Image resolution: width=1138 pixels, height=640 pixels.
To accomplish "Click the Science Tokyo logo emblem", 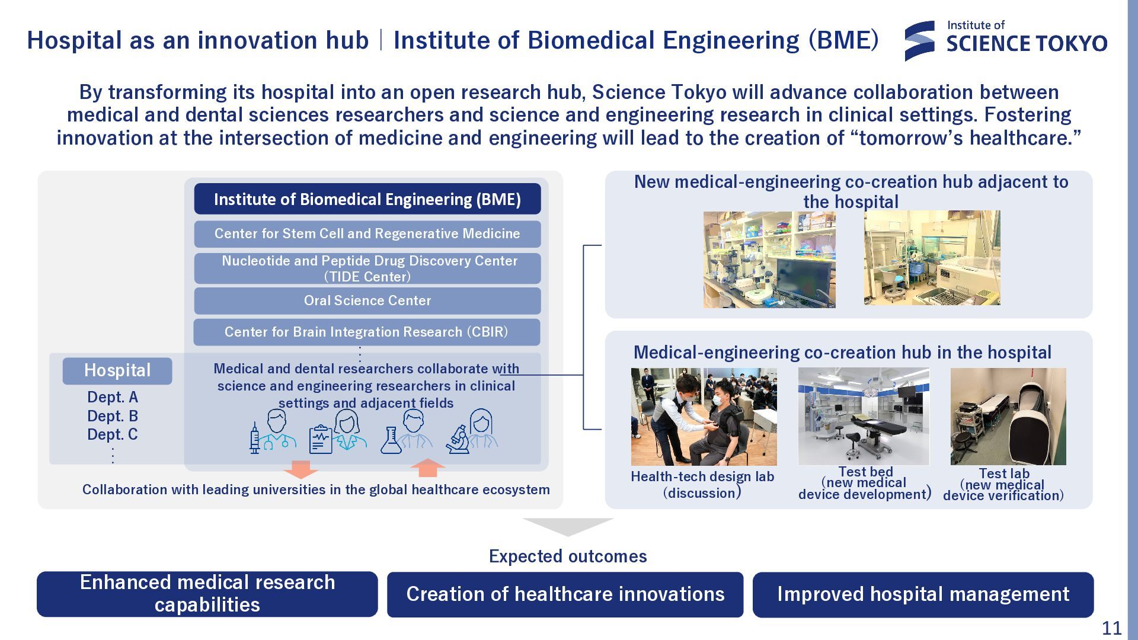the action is pos(920,41).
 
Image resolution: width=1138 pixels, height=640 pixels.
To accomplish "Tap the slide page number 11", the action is pos(1111,628).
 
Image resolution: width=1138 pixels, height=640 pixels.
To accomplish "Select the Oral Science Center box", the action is pos(367,300).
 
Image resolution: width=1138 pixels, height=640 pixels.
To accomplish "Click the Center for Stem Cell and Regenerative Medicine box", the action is pos(367,233).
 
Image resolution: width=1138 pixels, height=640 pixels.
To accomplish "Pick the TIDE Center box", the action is pos(367,268).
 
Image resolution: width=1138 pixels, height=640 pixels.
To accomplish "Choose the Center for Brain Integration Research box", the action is pos(367,332).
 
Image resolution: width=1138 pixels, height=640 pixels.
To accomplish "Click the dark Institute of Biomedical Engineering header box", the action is pos(367,199).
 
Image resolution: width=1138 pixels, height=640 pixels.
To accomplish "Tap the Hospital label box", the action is pos(117,370).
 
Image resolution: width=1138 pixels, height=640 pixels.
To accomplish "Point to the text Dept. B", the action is pos(113,416).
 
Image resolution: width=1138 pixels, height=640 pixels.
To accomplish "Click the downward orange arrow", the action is pos(301,469).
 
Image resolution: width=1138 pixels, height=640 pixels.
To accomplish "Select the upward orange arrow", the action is pos(427,468).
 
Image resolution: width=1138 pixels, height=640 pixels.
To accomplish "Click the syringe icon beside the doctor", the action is pos(255,439).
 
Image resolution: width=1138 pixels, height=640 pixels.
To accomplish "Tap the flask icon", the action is pos(391,441).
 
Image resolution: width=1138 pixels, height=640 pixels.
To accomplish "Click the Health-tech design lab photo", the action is pos(704,417).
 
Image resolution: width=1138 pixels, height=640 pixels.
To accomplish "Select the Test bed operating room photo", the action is pos(864,416).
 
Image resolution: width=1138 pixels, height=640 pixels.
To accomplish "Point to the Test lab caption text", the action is pos(1003,485).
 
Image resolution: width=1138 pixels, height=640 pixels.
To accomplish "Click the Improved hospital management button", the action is pos(923,594).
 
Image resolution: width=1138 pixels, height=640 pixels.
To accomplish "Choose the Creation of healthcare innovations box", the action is pos(565,594).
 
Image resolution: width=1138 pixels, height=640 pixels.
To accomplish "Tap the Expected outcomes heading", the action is pos(568,556).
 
